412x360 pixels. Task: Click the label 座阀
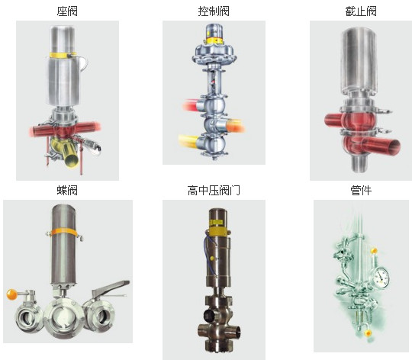click(67, 11)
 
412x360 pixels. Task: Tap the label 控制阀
click(214, 11)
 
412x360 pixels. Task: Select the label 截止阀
click(361, 11)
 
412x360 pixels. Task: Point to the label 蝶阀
click(67, 190)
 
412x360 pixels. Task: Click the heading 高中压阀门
click(214, 190)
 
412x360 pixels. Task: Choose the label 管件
click(361, 190)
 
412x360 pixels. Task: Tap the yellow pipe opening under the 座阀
click(72, 159)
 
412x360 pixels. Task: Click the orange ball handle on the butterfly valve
click(11, 294)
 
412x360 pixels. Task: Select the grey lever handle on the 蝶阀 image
click(111, 288)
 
